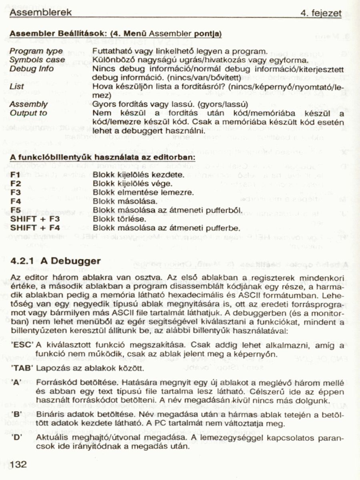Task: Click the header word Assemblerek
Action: (x=40, y=12)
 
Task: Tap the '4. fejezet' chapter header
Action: (x=321, y=13)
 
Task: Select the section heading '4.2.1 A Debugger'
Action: (x=55, y=261)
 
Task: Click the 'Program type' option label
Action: (x=36, y=51)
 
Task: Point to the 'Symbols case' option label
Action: (x=37, y=60)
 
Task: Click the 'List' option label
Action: (x=16, y=86)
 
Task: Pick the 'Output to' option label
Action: (x=28, y=113)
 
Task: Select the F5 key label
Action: (x=16, y=210)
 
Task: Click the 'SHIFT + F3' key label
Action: (x=35, y=219)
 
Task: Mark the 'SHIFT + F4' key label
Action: (x=35, y=228)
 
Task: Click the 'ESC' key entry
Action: (x=22, y=345)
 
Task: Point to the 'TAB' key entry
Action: (x=22, y=367)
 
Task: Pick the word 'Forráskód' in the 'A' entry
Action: (x=54, y=382)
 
